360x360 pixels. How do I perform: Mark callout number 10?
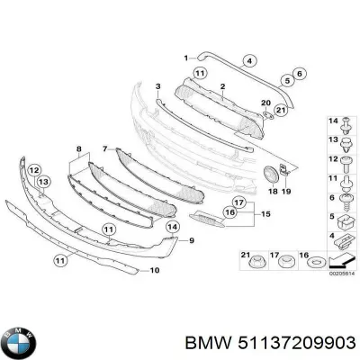(x=155, y=270)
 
